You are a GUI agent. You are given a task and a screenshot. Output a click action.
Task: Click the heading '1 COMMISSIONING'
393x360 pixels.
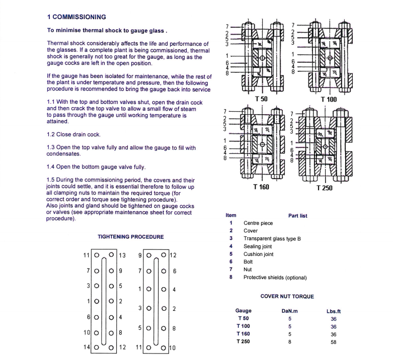(76, 17)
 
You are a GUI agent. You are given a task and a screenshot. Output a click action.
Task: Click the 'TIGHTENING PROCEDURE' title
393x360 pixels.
(130, 236)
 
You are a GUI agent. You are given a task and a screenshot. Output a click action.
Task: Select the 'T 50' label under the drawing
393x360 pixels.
(261, 99)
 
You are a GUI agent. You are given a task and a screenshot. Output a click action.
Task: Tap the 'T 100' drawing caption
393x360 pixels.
(329, 99)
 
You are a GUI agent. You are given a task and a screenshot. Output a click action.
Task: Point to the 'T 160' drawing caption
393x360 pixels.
(261, 187)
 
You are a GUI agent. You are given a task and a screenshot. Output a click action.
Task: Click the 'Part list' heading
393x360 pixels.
(298, 215)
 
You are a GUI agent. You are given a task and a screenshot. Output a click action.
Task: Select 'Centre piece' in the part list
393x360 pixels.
(258, 223)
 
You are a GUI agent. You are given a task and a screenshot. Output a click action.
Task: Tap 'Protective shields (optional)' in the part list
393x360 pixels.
(275, 278)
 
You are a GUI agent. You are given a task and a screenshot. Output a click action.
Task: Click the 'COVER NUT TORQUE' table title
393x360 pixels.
(287, 296)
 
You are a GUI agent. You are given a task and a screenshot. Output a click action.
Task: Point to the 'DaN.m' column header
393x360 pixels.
(290, 311)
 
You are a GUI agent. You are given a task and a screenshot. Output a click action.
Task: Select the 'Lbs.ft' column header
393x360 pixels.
(334, 311)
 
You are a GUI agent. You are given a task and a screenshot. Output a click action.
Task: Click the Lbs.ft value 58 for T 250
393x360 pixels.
(333, 342)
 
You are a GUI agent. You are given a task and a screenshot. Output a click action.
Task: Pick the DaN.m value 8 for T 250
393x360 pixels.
(290, 342)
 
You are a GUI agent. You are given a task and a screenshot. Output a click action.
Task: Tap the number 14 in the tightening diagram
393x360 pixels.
(86, 347)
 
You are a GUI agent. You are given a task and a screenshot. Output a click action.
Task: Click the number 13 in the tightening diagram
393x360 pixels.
(123, 255)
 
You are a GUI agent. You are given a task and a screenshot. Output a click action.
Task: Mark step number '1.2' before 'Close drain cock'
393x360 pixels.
(51, 134)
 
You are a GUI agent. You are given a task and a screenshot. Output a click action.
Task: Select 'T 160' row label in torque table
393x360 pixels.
(244, 334)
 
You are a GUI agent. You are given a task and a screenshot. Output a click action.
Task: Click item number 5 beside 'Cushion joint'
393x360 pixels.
(230, 254)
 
